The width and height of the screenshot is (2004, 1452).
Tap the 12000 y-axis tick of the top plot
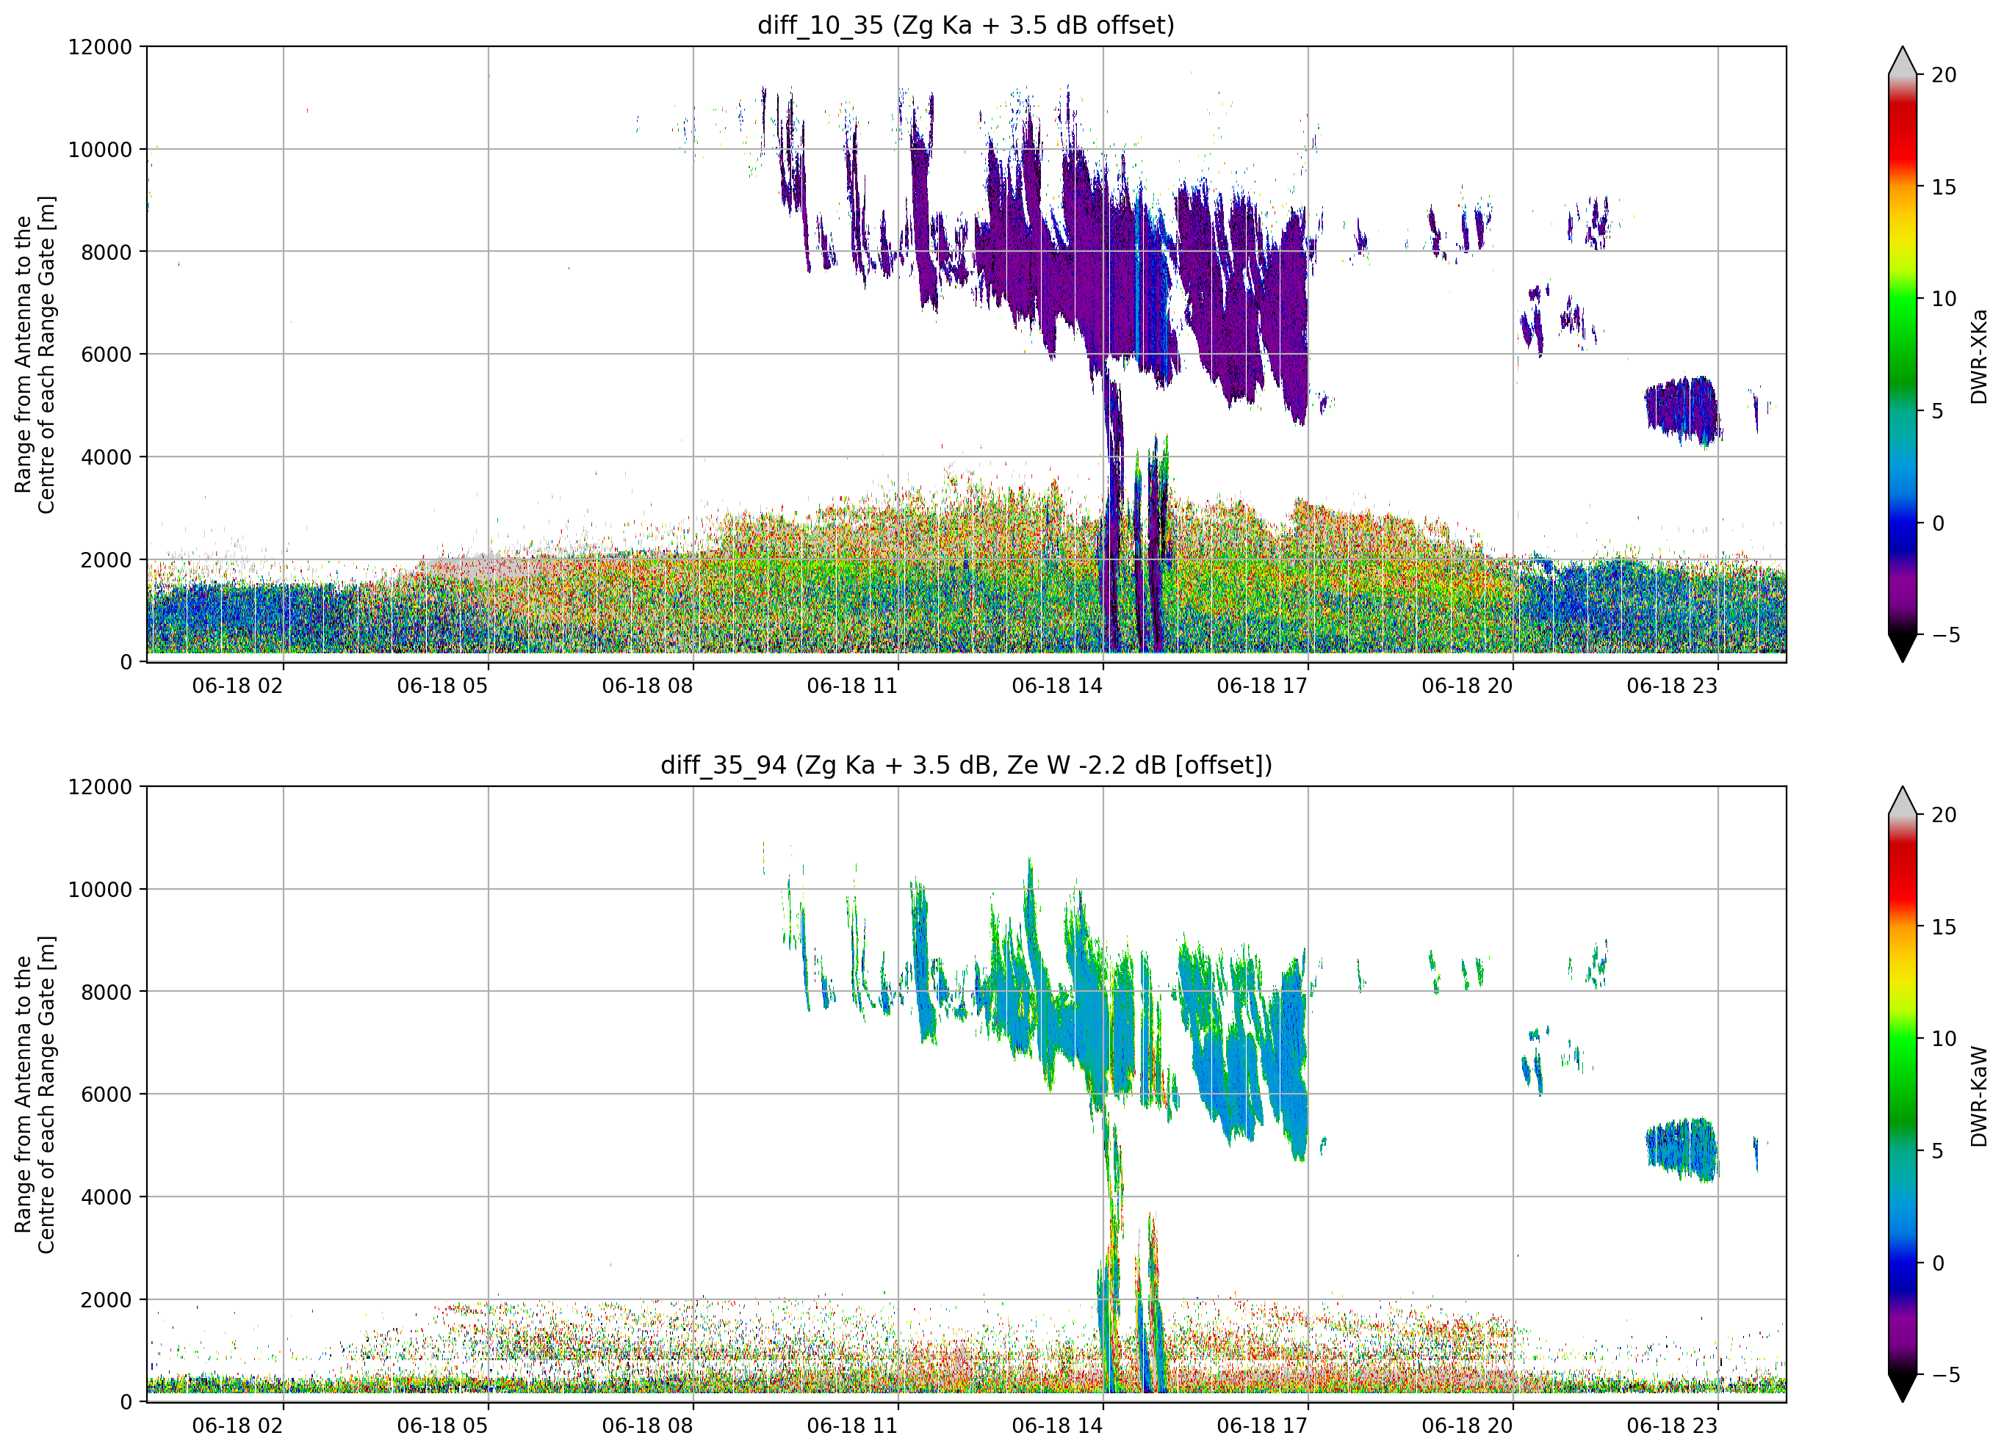coord(100,47)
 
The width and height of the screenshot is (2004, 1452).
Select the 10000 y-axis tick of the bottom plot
coord(100,890)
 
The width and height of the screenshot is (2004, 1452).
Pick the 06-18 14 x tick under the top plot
coord(1057,686)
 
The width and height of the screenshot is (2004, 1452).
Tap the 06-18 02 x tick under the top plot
coord(238,686)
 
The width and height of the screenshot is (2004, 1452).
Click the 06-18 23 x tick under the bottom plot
coord(1672,1426)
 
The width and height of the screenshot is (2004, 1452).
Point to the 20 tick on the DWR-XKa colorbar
coord(1944,75)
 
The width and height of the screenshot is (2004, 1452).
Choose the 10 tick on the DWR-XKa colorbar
coord(1944,300)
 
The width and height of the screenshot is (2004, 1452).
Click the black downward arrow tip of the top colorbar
coord(1903,661)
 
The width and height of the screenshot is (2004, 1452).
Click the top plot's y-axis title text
coord(35,354)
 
